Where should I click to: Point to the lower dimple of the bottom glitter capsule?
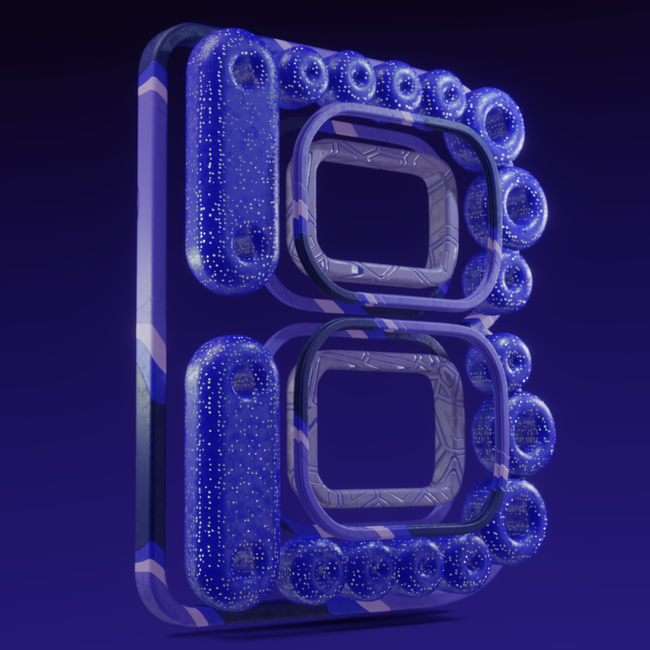(244, 560)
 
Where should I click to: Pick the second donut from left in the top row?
(351, 77)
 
